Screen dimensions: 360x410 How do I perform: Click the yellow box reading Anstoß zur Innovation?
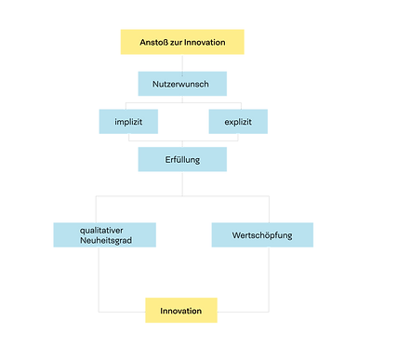click(x=183, y=42)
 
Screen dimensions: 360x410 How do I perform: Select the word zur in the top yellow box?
click(x=179, y=43)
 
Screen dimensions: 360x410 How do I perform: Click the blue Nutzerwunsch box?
click(x=183, y=86)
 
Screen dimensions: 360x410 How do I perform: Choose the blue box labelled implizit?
click(x=128, y=122)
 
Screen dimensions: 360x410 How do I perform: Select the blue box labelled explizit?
click(x=238, y=122)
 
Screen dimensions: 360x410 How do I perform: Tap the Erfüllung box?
click(x=183, y=158)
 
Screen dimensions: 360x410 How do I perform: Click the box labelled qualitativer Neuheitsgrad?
click(x=105, y=235)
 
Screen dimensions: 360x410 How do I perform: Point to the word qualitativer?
click(x=105, y=230)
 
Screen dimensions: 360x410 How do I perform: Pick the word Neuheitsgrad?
click(x=106, y=242)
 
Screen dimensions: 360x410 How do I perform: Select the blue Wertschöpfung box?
click(x=262, y=235)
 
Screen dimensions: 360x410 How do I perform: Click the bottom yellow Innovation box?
click(x=181, y=311)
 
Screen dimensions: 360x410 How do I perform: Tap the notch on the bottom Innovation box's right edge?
click(x=219, y=311)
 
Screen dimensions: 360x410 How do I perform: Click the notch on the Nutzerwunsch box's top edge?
click(x=183, y=70)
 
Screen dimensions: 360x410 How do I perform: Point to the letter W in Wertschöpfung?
click(x=236, y=235)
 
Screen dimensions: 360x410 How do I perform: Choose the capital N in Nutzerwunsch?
click(x=155, y=86)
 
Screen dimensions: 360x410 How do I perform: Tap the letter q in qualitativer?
click(x=82, y=231)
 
